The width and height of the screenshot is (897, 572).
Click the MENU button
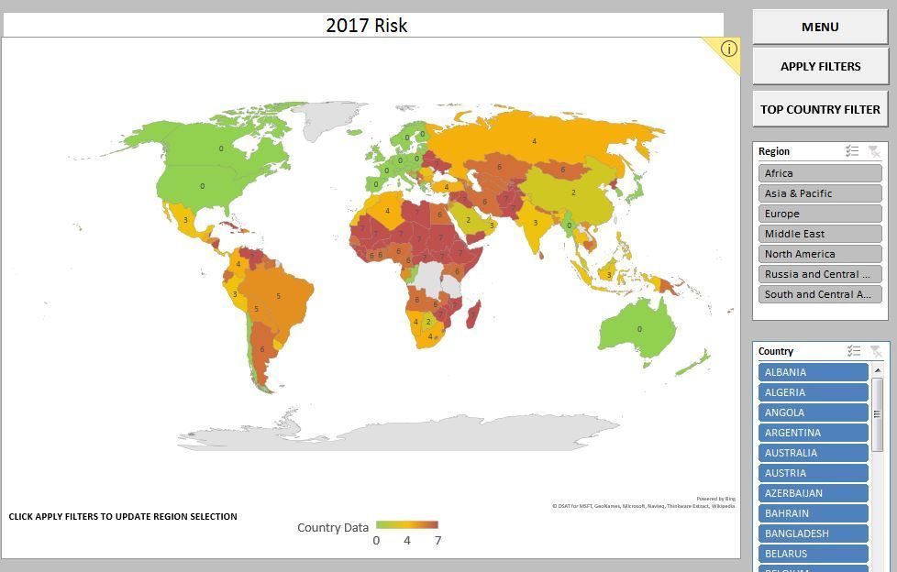pos(820,27)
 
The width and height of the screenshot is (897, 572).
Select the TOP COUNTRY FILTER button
pos(820,109)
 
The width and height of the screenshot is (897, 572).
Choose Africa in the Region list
pos(820,173)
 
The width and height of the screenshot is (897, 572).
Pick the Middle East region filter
pos(820,234)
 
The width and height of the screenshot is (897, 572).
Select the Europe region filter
pos(820,214)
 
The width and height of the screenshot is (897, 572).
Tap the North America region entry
pos(820,254)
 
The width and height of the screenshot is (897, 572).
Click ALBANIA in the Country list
pos(813,372)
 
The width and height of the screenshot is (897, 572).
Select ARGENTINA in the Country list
pos(813,433)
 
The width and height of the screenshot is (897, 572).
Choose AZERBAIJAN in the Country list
pos(813,493)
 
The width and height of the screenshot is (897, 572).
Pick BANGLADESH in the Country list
pos(813,533)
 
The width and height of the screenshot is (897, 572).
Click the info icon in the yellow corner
pos(728,49)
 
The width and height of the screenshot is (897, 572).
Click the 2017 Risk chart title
pos(366,26)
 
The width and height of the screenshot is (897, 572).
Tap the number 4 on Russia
pos(534,141)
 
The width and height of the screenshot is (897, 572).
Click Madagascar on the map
pos(473,317)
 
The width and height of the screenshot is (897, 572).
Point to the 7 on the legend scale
pos(437,540)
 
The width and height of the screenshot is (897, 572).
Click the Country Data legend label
pos(333,527)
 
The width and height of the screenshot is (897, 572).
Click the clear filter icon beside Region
pos(874,151)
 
